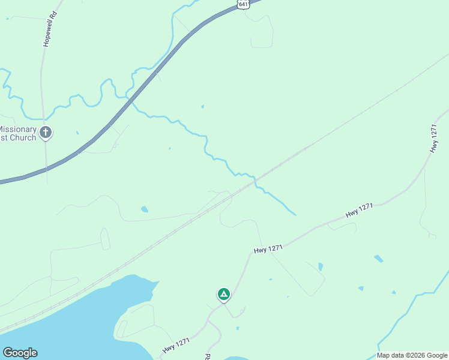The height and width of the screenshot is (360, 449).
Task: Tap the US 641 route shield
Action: tap(243, 4)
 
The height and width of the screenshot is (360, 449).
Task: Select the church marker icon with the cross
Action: tap(46, 133)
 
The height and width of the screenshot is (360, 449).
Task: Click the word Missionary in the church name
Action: tap(17, 129)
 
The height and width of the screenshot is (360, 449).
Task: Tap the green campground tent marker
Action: tap(223, 294)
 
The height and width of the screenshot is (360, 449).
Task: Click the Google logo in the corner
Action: tap(20, 353)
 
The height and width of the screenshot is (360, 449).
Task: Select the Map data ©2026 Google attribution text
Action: tap(412, 355)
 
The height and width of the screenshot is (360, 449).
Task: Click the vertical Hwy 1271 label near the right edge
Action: tap(435, 139)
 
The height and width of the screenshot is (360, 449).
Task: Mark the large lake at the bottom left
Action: tap(72, 318)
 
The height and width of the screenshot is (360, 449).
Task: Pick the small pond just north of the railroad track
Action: tap(144, 209)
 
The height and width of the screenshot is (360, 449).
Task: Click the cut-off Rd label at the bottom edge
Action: tap(208, 356)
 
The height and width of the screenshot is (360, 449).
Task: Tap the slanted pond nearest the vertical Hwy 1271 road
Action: tap(378, 259)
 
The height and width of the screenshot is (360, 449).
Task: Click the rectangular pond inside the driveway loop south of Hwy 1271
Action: tap(321, 266)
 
